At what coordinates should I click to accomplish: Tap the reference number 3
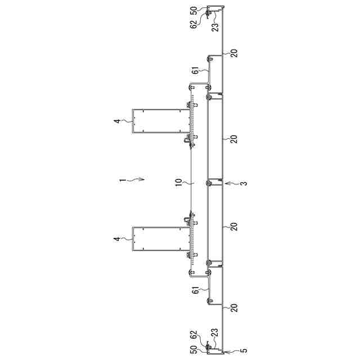[244, 184]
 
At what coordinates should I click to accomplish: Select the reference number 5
[245, 350]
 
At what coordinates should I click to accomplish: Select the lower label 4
[117, 239]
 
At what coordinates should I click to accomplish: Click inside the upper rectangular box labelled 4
[161, 121]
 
